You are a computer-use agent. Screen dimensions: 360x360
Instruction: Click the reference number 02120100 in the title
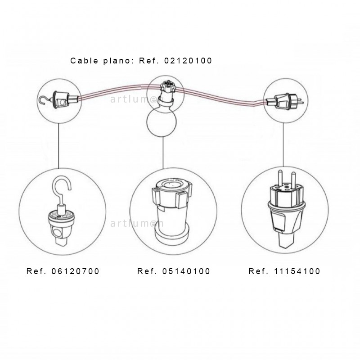coord(188,61)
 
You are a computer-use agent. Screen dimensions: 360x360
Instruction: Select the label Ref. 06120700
coord(63,271)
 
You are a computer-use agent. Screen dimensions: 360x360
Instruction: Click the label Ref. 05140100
coord(174,271)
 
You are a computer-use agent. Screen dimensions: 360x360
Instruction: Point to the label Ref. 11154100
coord(284,271)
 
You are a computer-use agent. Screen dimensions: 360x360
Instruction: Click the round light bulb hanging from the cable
coord(162,121)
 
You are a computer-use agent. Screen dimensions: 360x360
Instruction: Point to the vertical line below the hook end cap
coord(58,146)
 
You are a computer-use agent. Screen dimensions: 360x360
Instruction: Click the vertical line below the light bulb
coord(163,153)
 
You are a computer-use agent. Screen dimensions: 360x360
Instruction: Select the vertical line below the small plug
coord(283,145)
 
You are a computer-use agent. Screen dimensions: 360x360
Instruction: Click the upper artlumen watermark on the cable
coord(137,99)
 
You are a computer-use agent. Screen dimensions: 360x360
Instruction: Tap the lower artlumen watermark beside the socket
coord(137,223)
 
